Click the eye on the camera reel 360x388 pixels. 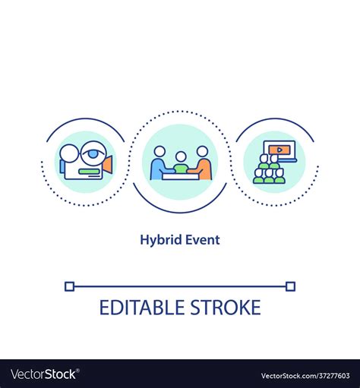(x=93, y=153)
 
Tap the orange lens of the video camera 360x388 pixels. (x=108, y=165)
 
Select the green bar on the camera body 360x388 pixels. (x=89, y=172)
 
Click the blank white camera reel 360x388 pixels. (x=70, y=153)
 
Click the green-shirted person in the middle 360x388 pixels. (x=181, y=162)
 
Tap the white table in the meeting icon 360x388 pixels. (x=181, y=176)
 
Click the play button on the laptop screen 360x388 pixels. (x=279, y=150)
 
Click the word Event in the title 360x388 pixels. (x=203, y=240)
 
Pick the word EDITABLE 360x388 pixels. (x=142, y=308)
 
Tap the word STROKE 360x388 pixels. (x=226, y=308)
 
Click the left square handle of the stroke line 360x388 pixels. (x=69, y=286)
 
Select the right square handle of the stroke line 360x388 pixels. (x=290, y=286)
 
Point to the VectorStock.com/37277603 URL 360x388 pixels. (x=305, y=376)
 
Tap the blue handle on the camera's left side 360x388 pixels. (x=62, y=166)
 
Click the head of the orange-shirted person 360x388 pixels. (x=202, y=152)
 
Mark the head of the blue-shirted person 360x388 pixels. (x=159, y=152)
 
